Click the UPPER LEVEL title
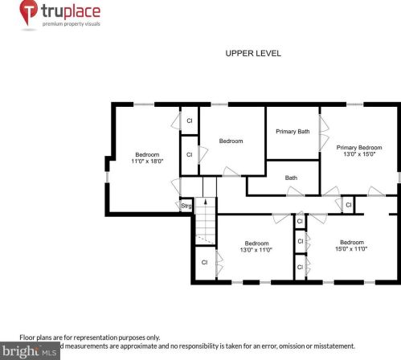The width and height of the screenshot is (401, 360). (253, 53)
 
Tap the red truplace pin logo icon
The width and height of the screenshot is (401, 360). (28, 12)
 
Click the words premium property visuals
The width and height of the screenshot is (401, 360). (72, 23)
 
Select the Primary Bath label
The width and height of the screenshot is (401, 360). (293, 131)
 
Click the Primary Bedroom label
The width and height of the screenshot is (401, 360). (358, 148)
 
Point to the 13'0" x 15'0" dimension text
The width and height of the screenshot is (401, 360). (358, 155)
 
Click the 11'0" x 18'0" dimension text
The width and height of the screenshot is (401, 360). (147, 161)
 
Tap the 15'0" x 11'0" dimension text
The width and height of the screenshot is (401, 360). (352, 249)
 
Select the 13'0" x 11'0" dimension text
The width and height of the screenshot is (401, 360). (256, 250)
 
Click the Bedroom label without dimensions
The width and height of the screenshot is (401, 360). (231, 141)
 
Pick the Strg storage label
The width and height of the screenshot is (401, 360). (186, 206)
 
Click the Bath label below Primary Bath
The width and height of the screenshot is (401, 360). (291, 178)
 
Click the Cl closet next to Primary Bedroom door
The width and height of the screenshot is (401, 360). (348, 205)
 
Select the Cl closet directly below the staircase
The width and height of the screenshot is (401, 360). (204, 262)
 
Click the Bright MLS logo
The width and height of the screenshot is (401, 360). (30, 350)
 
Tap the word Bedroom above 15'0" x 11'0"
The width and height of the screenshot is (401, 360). (352, 242)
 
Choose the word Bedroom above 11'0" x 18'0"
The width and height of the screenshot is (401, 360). (147, 154)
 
